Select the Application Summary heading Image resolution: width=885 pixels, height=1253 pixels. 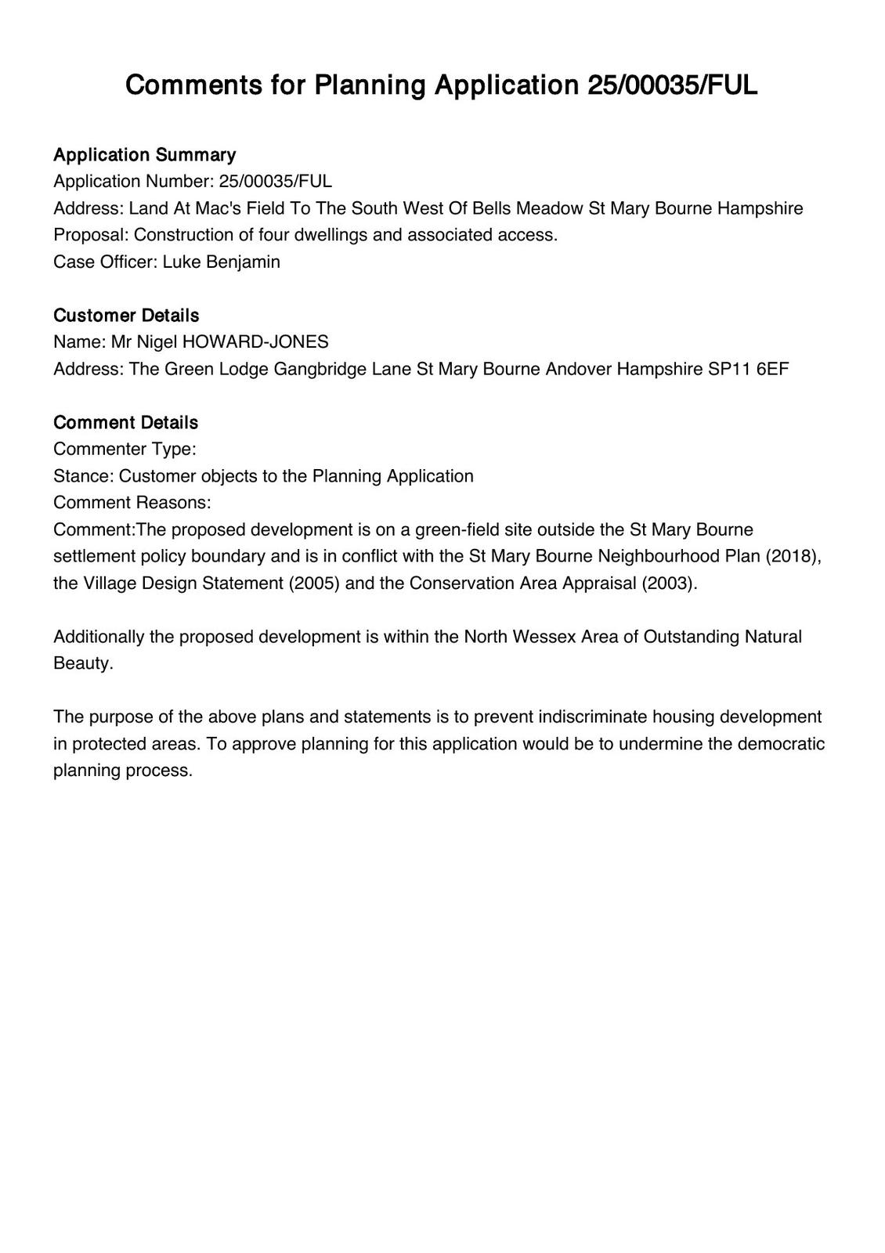tap(144, 154)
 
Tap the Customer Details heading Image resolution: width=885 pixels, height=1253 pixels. tap(126, 315)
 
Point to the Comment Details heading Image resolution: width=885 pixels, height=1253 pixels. tap(125, 422)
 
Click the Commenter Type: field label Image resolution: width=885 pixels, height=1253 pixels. tap(125, 449)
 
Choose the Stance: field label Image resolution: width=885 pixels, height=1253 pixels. tap(84, 475)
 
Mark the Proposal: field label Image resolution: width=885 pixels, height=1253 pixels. tap(92, 234)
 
